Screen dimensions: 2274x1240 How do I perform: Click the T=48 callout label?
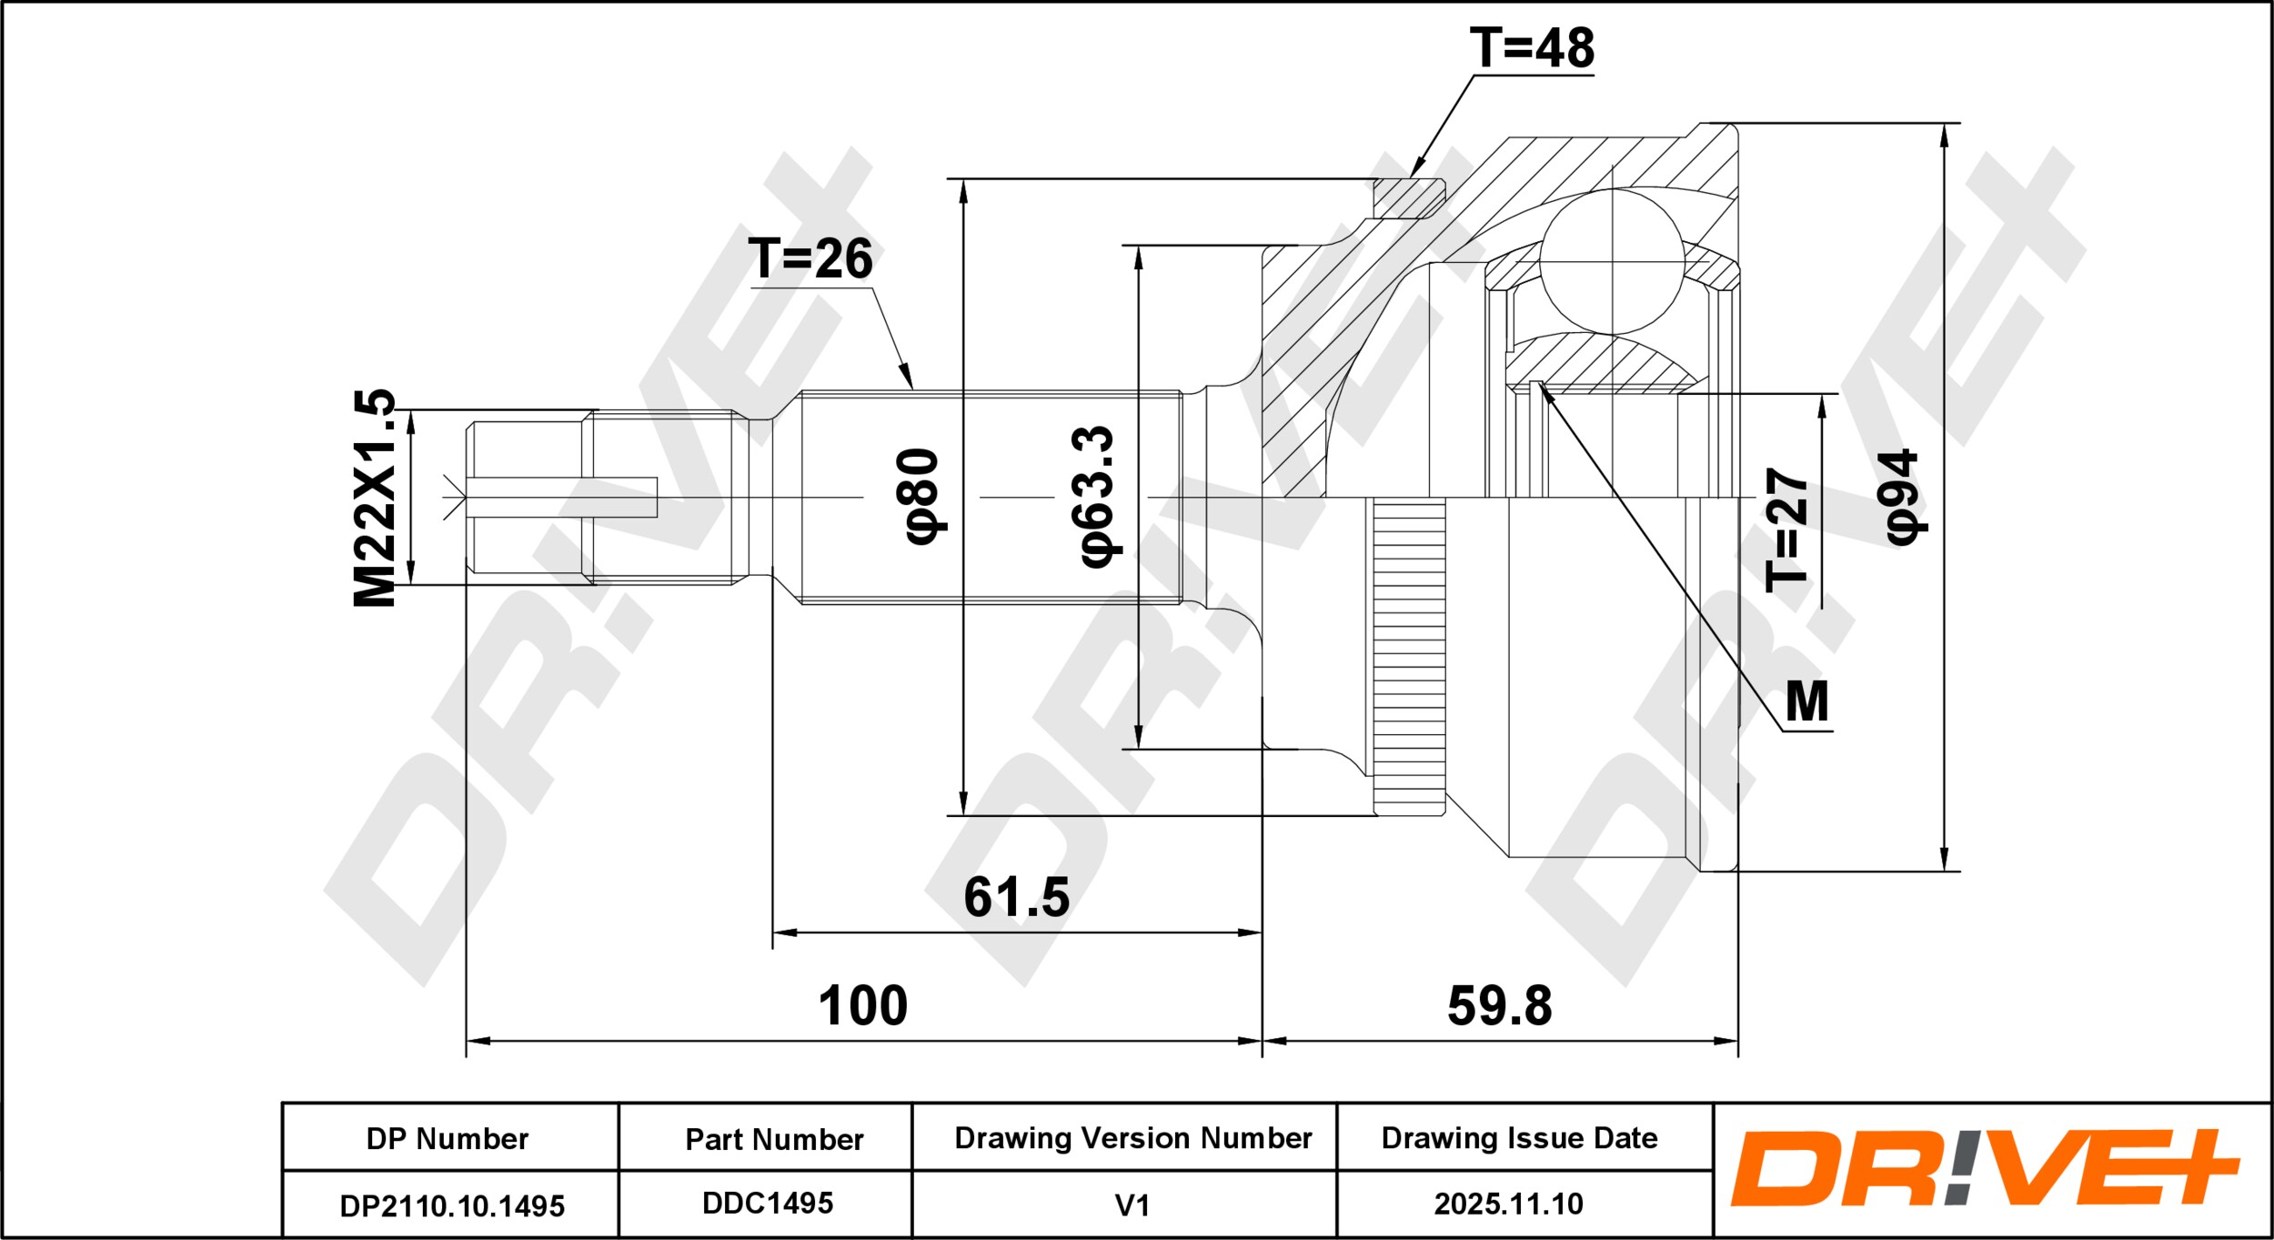1532,47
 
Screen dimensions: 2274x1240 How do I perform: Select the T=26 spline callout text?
810,258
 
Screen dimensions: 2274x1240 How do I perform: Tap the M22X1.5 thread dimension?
375,498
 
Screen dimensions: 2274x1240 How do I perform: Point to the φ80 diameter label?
922,497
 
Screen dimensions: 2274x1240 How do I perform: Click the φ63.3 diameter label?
1097,496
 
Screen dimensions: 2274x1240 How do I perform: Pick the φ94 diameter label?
1902,498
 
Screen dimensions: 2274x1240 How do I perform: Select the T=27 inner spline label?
1786,530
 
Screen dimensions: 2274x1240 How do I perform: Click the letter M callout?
1806,701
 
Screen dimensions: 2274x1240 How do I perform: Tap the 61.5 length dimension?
1017,897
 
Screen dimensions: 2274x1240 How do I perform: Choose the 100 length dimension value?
863,1005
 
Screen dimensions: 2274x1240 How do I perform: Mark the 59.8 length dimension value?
1500,1005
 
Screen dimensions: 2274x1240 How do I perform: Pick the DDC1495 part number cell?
766,1204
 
